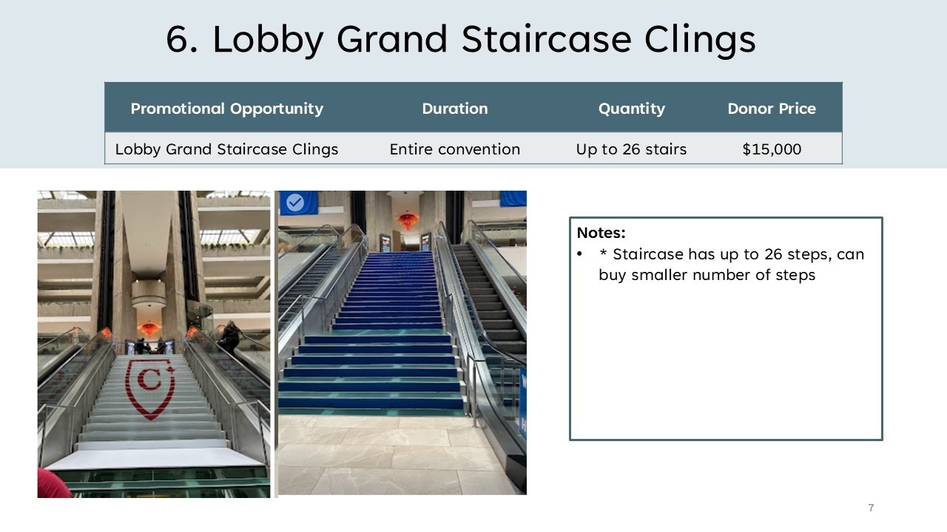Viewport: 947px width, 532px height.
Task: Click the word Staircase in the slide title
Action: [x=547, y=39]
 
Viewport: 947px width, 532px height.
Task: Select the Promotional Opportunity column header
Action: [x=227, y=109]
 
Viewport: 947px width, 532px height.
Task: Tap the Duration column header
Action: [x=455, y=109]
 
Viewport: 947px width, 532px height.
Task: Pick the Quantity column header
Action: [x=632, y=109]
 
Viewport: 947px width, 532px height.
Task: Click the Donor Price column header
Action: [x=772, y=109]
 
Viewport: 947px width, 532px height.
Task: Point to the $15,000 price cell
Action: [x=772, y=149]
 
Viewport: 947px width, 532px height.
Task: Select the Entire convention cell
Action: [x=455, y=149]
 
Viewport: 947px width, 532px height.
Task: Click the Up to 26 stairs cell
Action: [x=631, y=149]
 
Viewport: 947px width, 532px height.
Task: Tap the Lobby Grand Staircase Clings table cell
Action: [x=226, y=149]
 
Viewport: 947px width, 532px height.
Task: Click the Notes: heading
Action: [x=601, y=233]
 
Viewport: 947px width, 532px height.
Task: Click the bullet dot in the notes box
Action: [x=579, y=254]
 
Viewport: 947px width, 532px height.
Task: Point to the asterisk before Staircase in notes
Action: [x=603, y=253]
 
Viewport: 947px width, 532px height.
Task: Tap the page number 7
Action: [x=871, y=508]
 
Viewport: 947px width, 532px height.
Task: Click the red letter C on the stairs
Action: [x=149, y=379]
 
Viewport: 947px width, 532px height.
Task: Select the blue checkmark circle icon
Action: [x=295, y=202]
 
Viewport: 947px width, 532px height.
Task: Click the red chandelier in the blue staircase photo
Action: [x=408, y=221]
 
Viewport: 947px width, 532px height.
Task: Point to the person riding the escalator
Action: [x=230, y=337]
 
